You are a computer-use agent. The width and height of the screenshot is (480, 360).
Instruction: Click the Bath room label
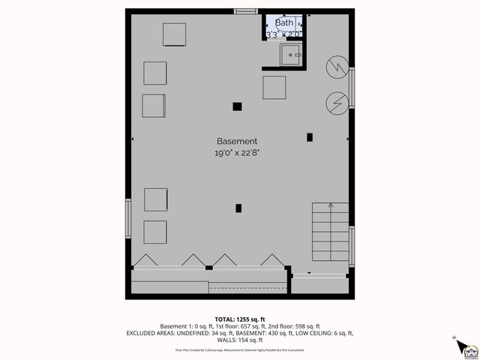point(285,23)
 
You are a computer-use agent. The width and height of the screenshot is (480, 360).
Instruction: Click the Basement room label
point(237,141)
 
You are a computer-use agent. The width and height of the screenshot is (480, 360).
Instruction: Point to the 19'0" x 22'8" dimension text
point(237,153)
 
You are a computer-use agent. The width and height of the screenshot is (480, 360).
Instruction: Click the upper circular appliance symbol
point(337,67)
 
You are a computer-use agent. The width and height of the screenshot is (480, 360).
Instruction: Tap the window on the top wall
point(245,11)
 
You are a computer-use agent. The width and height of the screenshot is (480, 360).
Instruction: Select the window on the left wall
point(128,219)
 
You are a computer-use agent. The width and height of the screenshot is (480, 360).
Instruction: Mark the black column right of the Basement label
point(310,136)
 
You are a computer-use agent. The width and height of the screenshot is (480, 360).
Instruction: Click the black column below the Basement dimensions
point(238,208)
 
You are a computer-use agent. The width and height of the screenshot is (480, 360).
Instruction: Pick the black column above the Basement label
point(237,106)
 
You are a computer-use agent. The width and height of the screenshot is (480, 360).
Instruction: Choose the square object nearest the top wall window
point(175,34)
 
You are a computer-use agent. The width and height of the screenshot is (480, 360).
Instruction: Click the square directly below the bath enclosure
point(274,88)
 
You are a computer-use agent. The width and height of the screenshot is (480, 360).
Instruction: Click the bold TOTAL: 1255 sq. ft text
point(239,319)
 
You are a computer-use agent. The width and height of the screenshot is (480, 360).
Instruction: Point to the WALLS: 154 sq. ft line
point(239,339)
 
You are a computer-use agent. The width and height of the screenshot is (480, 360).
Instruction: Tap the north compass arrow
point(454,339)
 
